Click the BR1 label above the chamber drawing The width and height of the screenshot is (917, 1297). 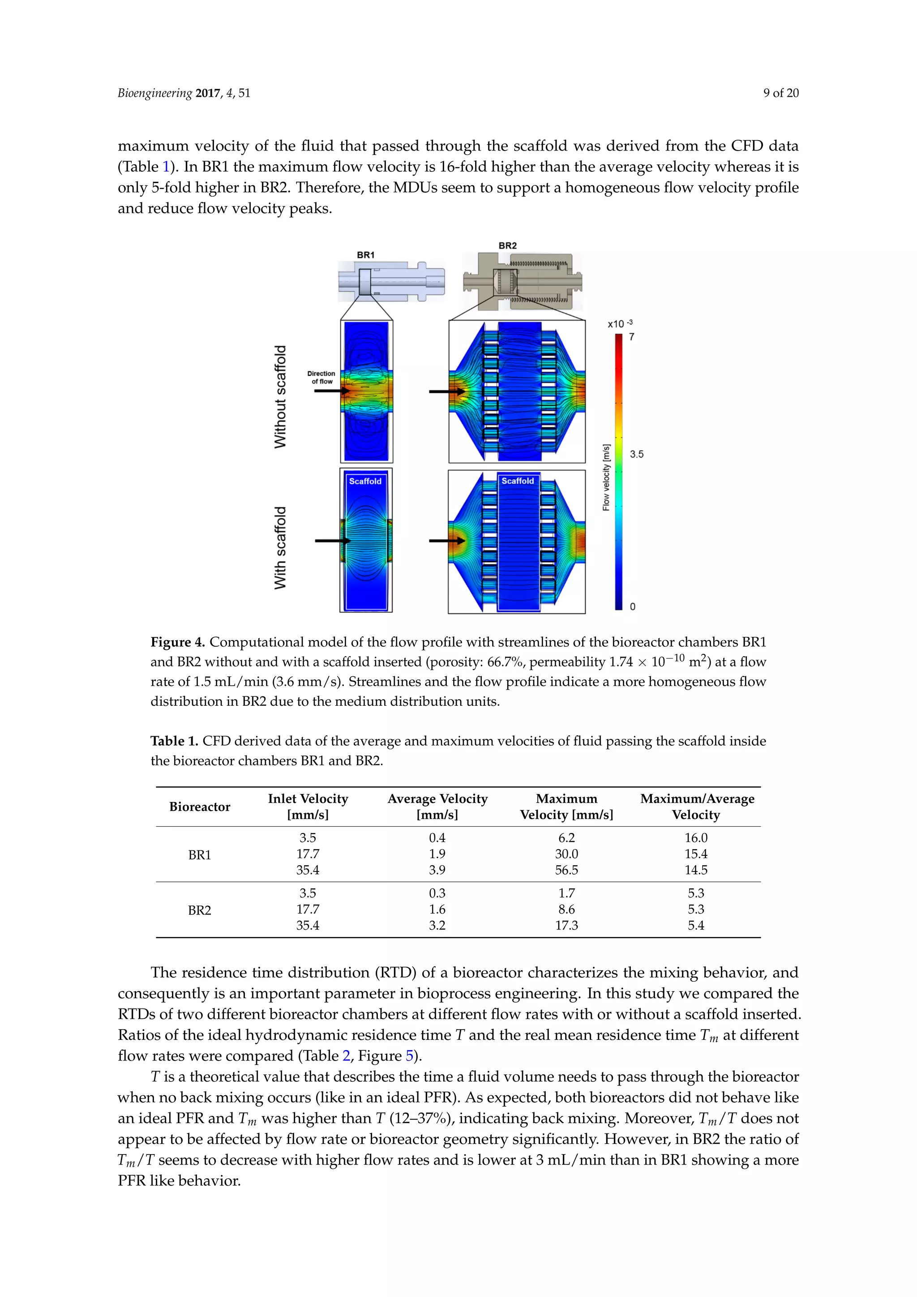(365, 255)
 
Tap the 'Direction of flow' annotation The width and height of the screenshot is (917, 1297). (321, 378)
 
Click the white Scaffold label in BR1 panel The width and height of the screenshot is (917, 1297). (365, 481)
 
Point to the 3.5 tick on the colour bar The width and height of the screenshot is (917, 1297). (636, 454)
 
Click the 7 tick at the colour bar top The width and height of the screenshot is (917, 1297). (631, 337)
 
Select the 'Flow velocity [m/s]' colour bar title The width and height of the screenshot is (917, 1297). (606, 477)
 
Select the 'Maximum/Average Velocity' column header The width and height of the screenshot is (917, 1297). (697, 807)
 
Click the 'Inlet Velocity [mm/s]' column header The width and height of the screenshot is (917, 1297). (308, 807)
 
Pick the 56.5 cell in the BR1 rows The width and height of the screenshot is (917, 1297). (566, 870)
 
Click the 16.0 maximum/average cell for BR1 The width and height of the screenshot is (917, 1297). (696, 838)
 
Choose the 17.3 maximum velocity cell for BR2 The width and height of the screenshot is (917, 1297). (566, 925)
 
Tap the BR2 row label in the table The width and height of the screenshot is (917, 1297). (199, 910)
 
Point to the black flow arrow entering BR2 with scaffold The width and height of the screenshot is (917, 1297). (446, 541)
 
